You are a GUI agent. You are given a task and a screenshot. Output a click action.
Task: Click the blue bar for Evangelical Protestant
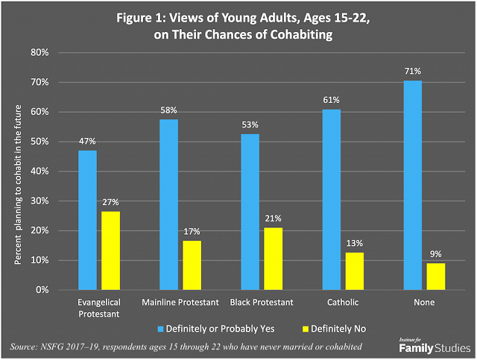(88, 220)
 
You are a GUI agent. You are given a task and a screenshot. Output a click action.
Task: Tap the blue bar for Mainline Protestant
(169, 204)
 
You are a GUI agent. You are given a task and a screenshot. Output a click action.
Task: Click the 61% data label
(332, 101)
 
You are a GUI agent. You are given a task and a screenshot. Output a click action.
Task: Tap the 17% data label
(192, 232)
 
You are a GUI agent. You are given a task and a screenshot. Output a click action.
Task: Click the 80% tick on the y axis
(40, 53)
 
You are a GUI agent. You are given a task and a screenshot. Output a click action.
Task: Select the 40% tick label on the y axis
(40, 171)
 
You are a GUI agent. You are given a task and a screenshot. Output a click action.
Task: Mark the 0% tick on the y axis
(42, 290)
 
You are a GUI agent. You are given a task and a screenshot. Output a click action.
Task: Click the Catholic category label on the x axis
(343, 302)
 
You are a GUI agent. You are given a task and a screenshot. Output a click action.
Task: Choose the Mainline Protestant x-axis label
(180, 302)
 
